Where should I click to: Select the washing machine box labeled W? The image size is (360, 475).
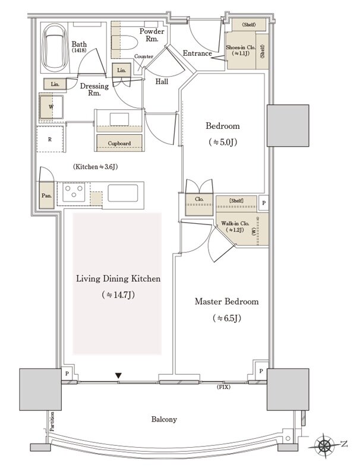pyautogui.click(x=52, y=107)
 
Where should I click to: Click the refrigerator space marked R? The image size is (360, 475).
pyautogui.click(x=50, y=140)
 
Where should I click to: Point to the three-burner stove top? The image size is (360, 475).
pyautogui.click(x=74, y=192)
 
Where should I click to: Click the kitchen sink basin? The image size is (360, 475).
pyautogui.click(x=123, y=192)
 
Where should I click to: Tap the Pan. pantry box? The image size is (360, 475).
pyautogui.click(x=47, y=195)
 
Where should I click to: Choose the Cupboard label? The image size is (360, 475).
pyautogui.click(x=119, y=143)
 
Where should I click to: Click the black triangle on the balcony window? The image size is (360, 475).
pyautogui.click(x=118, y=376)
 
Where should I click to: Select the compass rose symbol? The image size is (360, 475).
pyautogui.click(x=324, y=445)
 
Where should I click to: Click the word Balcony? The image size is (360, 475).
pyautogui.click(x=164, y=419)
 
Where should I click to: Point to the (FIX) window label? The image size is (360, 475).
pyautogui.click(x=223, y=387)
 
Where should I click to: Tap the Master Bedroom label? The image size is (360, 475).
pyautogui.click(x=227, y=302)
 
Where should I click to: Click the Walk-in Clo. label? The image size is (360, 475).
pyautogui.click(x=235, y=223)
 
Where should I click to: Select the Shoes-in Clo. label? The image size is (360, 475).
pyautogui.click(x=241, y=47)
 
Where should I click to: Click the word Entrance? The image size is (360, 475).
pyautogui.click(x=197, y=53)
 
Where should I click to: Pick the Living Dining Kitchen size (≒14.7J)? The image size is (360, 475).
pyautogui.click(x=118, y=294)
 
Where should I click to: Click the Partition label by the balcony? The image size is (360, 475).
pyautogui.click(x=52, y=422)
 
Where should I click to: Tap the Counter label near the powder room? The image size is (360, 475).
pyautogui.click(x=144, y=56)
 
